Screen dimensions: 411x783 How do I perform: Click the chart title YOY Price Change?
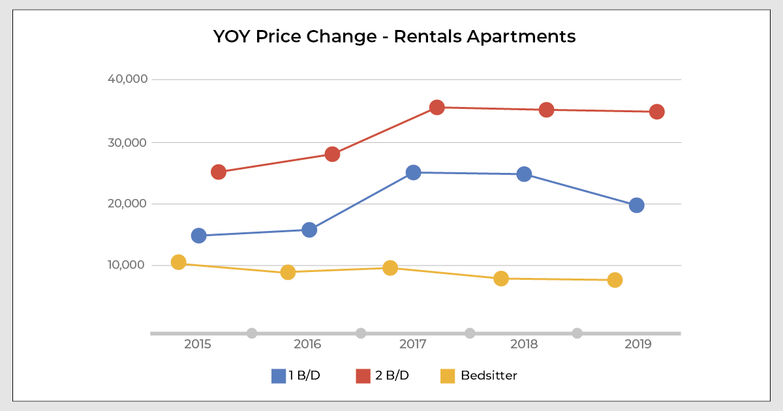394,37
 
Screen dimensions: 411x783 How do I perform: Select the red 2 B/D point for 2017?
437,107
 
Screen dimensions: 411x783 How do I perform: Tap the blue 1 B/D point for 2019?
636,205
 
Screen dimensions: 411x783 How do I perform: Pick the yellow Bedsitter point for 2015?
178,262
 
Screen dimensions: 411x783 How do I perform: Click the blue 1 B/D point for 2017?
413,172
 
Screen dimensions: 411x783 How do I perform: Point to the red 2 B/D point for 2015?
219,172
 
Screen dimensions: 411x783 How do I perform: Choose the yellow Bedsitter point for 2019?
615,280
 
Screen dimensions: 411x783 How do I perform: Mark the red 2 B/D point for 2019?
656,112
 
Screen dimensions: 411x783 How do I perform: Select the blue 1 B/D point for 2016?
309,230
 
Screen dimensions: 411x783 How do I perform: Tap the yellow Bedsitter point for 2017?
390,268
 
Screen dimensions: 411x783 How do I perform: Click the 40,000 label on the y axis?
127,80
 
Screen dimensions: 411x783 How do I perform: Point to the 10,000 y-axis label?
128,265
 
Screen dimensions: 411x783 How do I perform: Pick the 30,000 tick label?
128,142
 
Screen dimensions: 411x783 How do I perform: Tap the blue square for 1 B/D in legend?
279,376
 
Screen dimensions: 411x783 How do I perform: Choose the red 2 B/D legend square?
363,376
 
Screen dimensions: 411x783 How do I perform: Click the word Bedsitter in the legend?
489,376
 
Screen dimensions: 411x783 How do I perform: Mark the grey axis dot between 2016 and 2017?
361,333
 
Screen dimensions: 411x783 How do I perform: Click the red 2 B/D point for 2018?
547,110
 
